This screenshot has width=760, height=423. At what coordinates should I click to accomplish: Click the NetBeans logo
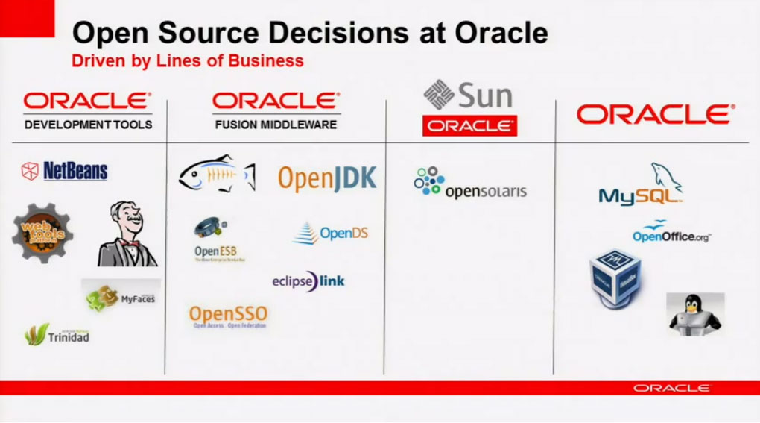[65, 171]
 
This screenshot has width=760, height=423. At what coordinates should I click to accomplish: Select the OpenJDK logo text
[327, 179]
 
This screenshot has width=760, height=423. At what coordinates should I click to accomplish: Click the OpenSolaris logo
[469, 184]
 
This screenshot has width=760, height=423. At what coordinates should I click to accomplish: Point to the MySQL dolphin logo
[642, 185]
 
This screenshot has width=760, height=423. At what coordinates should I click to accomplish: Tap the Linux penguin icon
[694, 313]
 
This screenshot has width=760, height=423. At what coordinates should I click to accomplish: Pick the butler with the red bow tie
[127, 234]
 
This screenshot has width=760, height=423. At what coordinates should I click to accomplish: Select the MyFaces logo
[121, 297]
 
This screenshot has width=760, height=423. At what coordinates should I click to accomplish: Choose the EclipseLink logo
[308, 281]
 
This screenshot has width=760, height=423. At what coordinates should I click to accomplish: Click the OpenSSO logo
[228, 316]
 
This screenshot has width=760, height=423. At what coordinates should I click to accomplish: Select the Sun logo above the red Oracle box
[468, 96]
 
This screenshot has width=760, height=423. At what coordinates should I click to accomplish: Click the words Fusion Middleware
[276, 125]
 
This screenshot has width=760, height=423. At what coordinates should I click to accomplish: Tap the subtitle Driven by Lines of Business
[187, 60]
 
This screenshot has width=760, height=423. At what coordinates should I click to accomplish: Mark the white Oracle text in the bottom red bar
[671, 388]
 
